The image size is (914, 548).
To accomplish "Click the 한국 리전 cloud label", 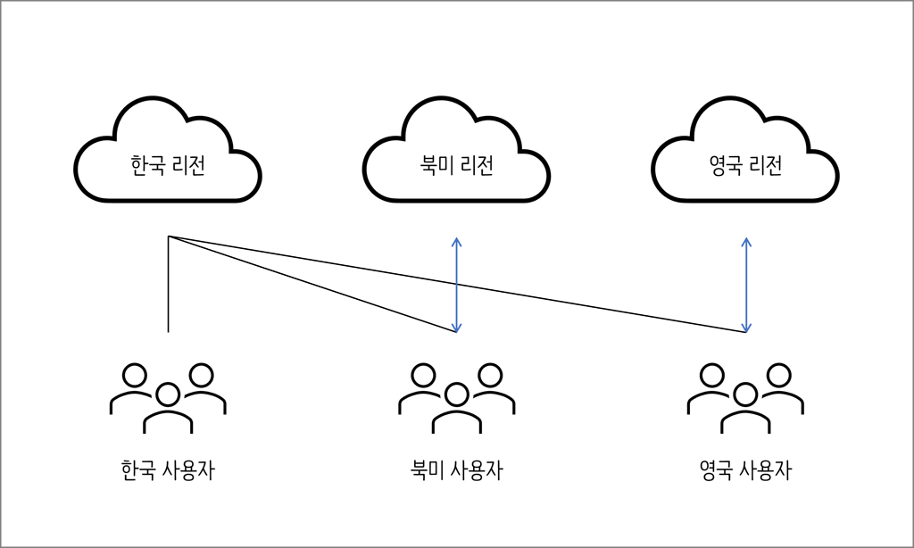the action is tap(167, 166).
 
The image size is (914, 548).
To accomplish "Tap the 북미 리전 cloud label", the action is tap(456, 166).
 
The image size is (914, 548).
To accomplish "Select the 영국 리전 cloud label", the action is tap(745, 166).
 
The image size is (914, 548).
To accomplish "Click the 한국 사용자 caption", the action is tap(168, 469).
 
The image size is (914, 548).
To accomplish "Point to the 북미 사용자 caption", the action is tap(456, 469).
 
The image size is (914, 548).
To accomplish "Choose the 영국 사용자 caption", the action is tap(745, 469).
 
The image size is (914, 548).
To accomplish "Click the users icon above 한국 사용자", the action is tap(168, 398).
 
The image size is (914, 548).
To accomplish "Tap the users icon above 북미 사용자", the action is tap(456, 398).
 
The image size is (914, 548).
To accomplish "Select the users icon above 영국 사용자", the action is tap(745, 398).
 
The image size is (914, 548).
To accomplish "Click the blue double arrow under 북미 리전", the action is tap(456, 285).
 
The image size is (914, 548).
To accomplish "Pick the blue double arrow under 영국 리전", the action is tap(746, 285).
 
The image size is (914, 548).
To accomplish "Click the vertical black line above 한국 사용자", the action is tap(169, 285).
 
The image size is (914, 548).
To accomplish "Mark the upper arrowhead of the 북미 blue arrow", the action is tap(456, 240).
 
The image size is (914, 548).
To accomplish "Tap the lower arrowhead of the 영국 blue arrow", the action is tap(746, 328).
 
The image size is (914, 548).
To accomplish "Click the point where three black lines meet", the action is tap(169, 237).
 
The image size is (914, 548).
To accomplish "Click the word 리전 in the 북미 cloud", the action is tap(477, 166).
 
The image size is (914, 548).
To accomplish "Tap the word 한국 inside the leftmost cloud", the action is tap(147, 166).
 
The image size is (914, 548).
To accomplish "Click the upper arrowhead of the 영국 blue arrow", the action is tap(746, 240).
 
